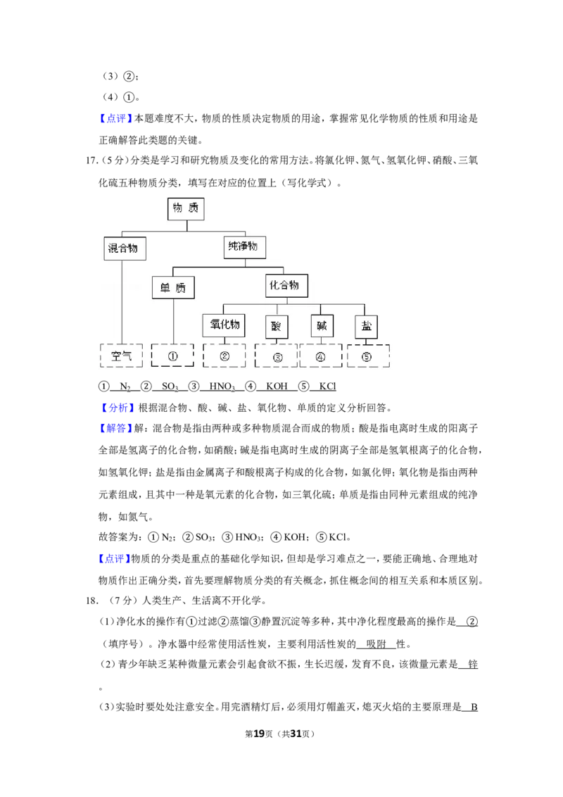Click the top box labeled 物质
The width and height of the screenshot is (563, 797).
(x=186, y=208)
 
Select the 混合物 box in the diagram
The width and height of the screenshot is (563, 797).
(x=125, y=249)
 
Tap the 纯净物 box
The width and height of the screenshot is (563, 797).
(x=244, y=247)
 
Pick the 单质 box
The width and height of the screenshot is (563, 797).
(x=173, y=288)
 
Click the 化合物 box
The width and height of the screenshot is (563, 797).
(x=286, y=285)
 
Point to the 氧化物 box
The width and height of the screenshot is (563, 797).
(x=224, y=325)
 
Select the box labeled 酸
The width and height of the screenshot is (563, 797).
(x=277, y=326)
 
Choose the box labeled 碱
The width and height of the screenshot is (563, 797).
(x=322, y=326)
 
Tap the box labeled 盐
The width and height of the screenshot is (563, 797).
(x=367, y=326)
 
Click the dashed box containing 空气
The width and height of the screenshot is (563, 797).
(x=122, y=356)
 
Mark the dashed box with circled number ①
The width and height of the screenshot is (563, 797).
(x=172, y=356)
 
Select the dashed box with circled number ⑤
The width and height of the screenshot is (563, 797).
(x=368, y=356)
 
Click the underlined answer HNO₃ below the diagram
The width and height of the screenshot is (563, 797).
(x=222, y=387)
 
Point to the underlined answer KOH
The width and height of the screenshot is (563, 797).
(x=277, y=387)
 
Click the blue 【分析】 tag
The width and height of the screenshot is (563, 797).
(x=117, y=408)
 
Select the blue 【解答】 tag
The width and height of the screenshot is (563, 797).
(x=116, y=429)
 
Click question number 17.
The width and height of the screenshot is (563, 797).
(x=92, y=161)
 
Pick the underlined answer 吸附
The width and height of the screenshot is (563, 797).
(x=376, y=644)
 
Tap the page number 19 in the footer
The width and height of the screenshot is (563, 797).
(x=259, y=734)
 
